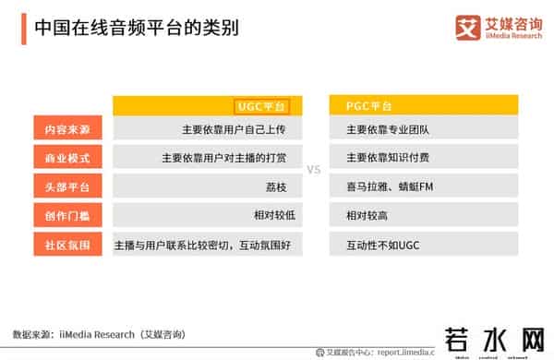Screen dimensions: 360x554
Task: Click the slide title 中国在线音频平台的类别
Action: pos(136,28)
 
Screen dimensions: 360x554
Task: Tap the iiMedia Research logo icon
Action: pos(468,27)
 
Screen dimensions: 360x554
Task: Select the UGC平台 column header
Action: pos(263,106)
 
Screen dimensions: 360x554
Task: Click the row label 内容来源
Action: pos(62,129)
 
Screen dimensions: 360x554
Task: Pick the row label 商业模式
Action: pos(62,159)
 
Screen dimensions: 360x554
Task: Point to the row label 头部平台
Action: pos(62,188)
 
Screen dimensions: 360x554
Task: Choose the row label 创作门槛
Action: pos(62,217)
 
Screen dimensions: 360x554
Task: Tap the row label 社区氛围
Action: pos(62,246)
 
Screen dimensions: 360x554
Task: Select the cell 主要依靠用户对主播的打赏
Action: pos(224,159)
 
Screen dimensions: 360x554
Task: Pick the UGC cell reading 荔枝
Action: pos(275,188)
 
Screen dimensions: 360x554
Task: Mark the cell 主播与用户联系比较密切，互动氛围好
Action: pos(201,246)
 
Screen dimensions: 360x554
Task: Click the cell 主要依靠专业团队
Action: pos(382,130)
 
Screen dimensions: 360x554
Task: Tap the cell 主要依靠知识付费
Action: pos(382,159)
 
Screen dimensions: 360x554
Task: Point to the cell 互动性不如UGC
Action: pos(381,246)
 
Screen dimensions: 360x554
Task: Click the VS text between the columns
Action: pos(313,171)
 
